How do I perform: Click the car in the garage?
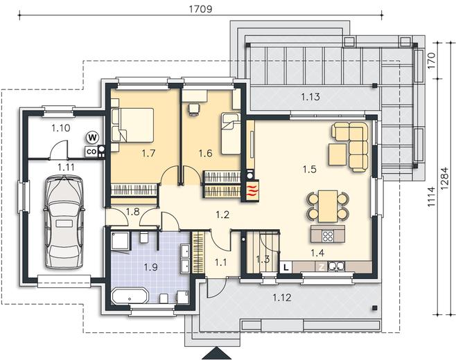pyautogui.click(x=64, y=222)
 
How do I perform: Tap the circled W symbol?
pyautogui.click(x=93, y=138)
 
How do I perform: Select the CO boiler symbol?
pyautogui.click(x=91, y=152)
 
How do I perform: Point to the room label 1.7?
pyautogui.click(x=148, y=153)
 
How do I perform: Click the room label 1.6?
pyautogui.click(x=205, y=153)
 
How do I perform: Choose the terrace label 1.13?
pyautogui.click(x=310, y=97)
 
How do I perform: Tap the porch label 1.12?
pyautogui.click(x=282, y=298)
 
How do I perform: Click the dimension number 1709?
pyautogui.click(x=201, y=9)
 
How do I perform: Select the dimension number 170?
pyautogui.click(x=432, y=60)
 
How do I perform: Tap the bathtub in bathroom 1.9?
pyautogui.click(x=130, y=297)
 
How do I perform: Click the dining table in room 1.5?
pyautogui.click(x=328, y=206)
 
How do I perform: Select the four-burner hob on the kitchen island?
pyautogui.click(x=328, y=235)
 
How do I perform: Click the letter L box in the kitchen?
pyautogui.click(x=286, y=267)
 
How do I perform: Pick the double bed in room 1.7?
pyautogui.click(x=132, y=125)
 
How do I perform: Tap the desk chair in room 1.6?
pyautogui.click(x=194, y=109)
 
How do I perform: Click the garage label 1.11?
pyautogui.click(x=66, y=168)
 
